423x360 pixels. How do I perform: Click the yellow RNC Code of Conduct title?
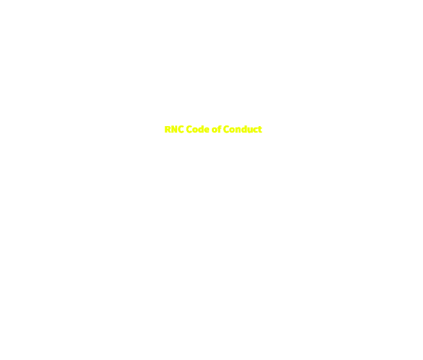tap(213, 129)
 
